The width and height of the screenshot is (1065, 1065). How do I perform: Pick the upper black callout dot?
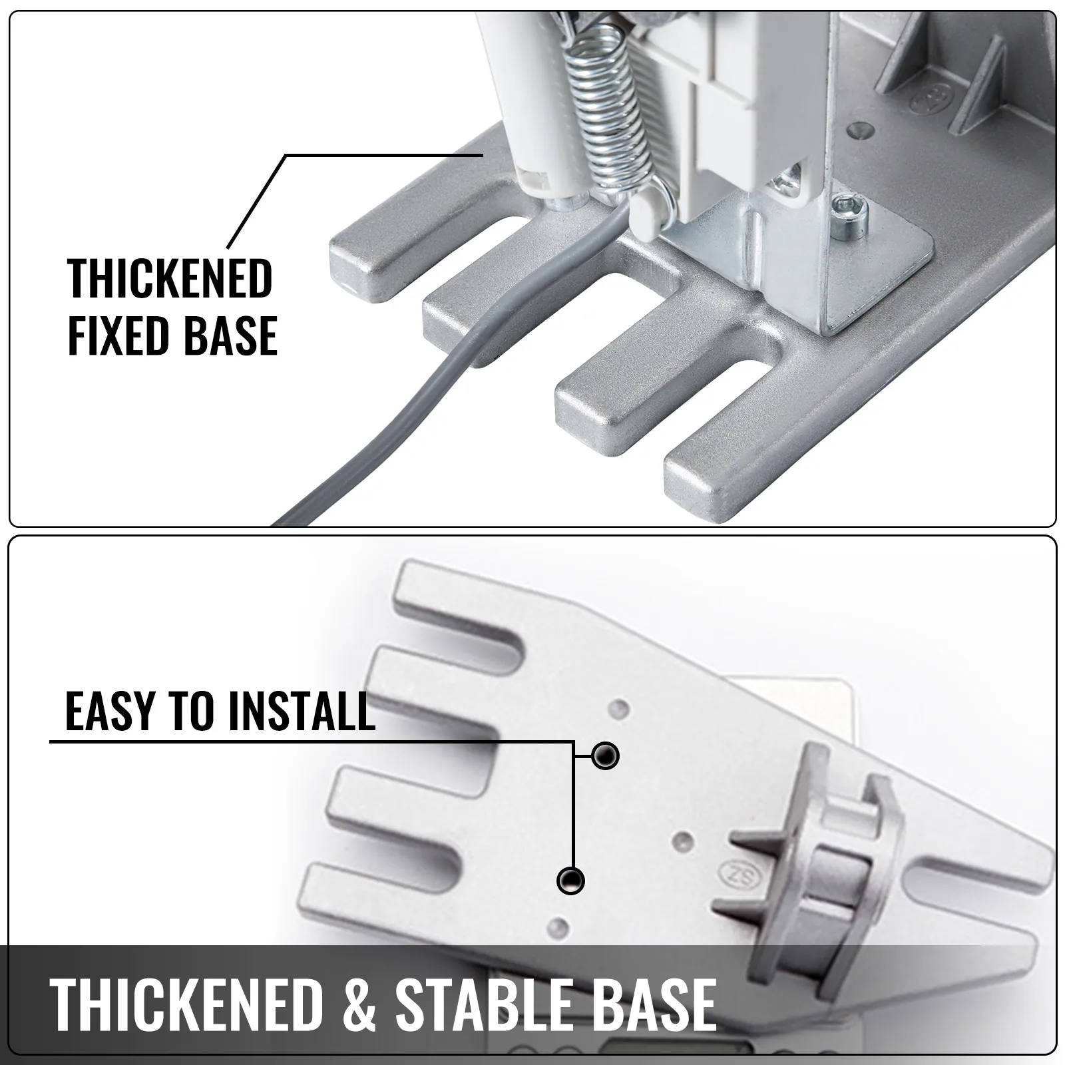[x=605, y=755]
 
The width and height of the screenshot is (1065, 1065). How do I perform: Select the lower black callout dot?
[x=570, y=881]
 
